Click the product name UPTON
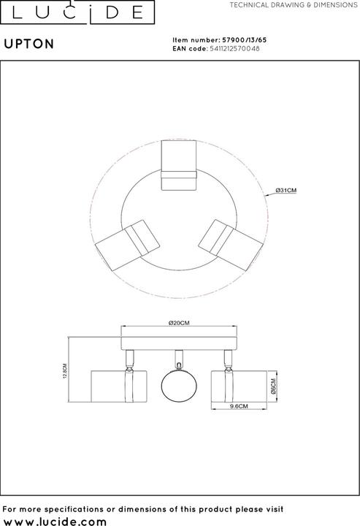click(29, 43)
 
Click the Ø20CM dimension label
click(179, 324)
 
